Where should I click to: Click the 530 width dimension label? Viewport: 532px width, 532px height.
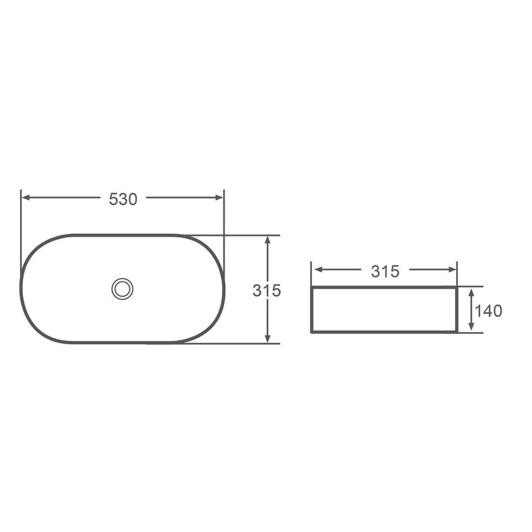point(123,199)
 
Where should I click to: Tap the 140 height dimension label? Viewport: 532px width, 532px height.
point(488,311)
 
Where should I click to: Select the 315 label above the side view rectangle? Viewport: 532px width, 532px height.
point(385,271)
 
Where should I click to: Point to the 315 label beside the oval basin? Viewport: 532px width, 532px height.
point(266,291)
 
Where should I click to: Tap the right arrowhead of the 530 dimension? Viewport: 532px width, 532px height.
point(220,198)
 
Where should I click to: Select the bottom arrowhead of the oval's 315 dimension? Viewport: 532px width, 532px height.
point(267,338)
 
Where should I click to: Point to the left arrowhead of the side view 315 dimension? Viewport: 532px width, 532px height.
point(319,270)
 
